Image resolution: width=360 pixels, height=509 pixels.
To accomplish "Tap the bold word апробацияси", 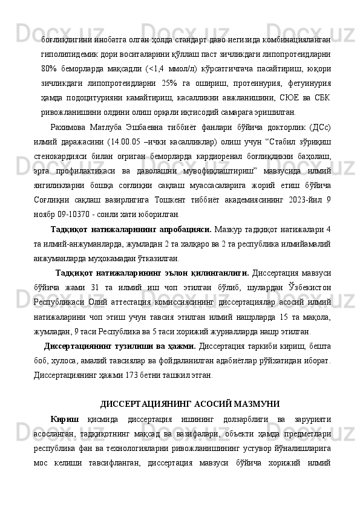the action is coord(182,231).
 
